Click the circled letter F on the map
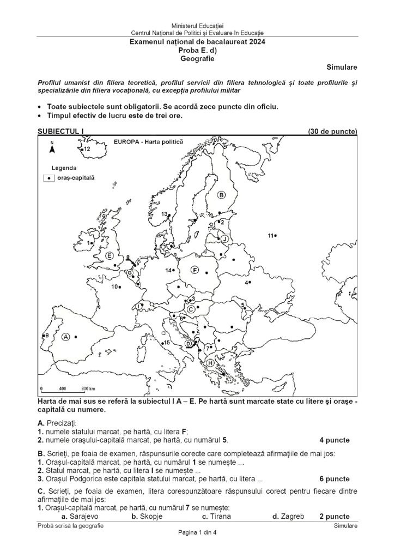pos(195,270)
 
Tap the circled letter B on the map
pos(221,195)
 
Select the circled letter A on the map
pos(66,337)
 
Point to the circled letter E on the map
pos(110,256)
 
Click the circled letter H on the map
pos(210,363)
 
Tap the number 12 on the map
pos(87,149)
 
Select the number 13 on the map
pos(164,214)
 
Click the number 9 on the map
pos(47,335)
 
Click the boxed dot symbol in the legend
pos(49,178)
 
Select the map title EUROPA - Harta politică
pos(147,141)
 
